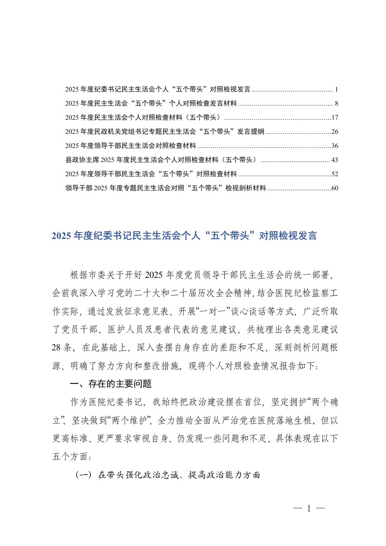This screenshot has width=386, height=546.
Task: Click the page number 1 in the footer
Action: click(x=309, y=509)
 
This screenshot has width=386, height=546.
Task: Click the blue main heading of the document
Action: click(x=184, y=237)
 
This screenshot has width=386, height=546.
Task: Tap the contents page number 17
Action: click(x=334, y=118)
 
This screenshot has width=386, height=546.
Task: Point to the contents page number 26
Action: click(x=334, y=132)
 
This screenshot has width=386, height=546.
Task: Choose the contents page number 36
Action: click(x=334, y=146)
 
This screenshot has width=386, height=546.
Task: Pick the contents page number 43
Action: click(x=334, y=160)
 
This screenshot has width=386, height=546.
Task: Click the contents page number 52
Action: click(x=334, y=174)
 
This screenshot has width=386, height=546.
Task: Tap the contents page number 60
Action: click(x=334, y=188)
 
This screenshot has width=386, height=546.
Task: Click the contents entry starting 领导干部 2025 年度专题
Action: click(x=165, y=188)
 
